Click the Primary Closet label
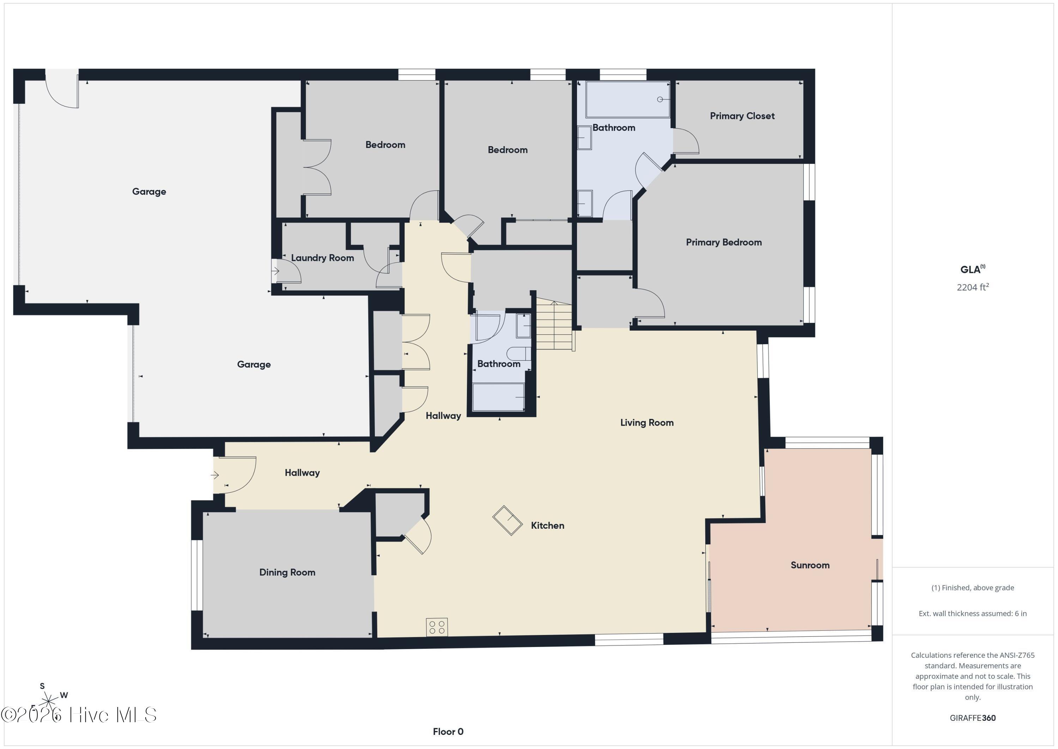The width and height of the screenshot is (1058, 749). (742, 116)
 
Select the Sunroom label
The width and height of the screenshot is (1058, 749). (810, 565)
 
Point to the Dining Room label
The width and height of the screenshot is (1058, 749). (287, 573)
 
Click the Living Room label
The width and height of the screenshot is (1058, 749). (646, 423)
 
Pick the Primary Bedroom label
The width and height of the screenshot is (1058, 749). (723, 242)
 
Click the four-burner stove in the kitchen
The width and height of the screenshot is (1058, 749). (436, 627)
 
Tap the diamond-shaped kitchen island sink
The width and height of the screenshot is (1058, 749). (507, 521)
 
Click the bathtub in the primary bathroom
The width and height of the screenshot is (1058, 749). (628, 100)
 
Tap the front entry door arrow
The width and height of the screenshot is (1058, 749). (215, 475)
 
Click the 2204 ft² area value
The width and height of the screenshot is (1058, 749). (972, 287)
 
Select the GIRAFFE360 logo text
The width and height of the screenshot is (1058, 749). (972, 718)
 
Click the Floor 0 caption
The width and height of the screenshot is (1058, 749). (448, 731)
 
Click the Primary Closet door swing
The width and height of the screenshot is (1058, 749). (685, 141)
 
